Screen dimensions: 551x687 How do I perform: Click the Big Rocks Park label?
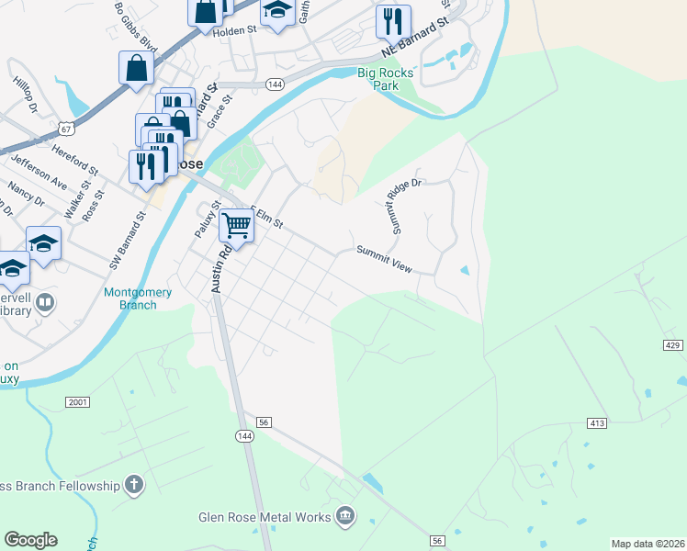(x=385, y=78)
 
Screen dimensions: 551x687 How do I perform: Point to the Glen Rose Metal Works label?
(x=265, y=517)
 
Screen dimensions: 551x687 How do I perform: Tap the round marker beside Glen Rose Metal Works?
(x=345, y=516)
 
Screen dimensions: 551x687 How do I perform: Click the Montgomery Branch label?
(x=138, y=298)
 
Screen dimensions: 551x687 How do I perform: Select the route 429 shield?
(x=671, y=344)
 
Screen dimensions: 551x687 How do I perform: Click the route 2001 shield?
(x=77, y=402)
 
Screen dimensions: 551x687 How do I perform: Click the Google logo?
(x=31, y=540)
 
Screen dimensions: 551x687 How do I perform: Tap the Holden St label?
(x=234, y=30)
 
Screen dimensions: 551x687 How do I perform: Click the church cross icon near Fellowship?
(x=134, y=484)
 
